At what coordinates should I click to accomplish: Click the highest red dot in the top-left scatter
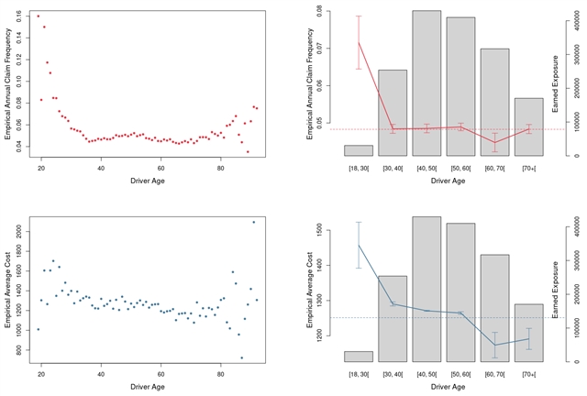(38, 16)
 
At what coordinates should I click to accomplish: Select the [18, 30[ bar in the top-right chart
(359, 150)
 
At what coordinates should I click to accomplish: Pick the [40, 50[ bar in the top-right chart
(426, 82)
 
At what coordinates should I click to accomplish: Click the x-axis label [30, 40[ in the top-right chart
(393, 168)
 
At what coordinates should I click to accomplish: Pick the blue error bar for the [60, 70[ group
(495, 345)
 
